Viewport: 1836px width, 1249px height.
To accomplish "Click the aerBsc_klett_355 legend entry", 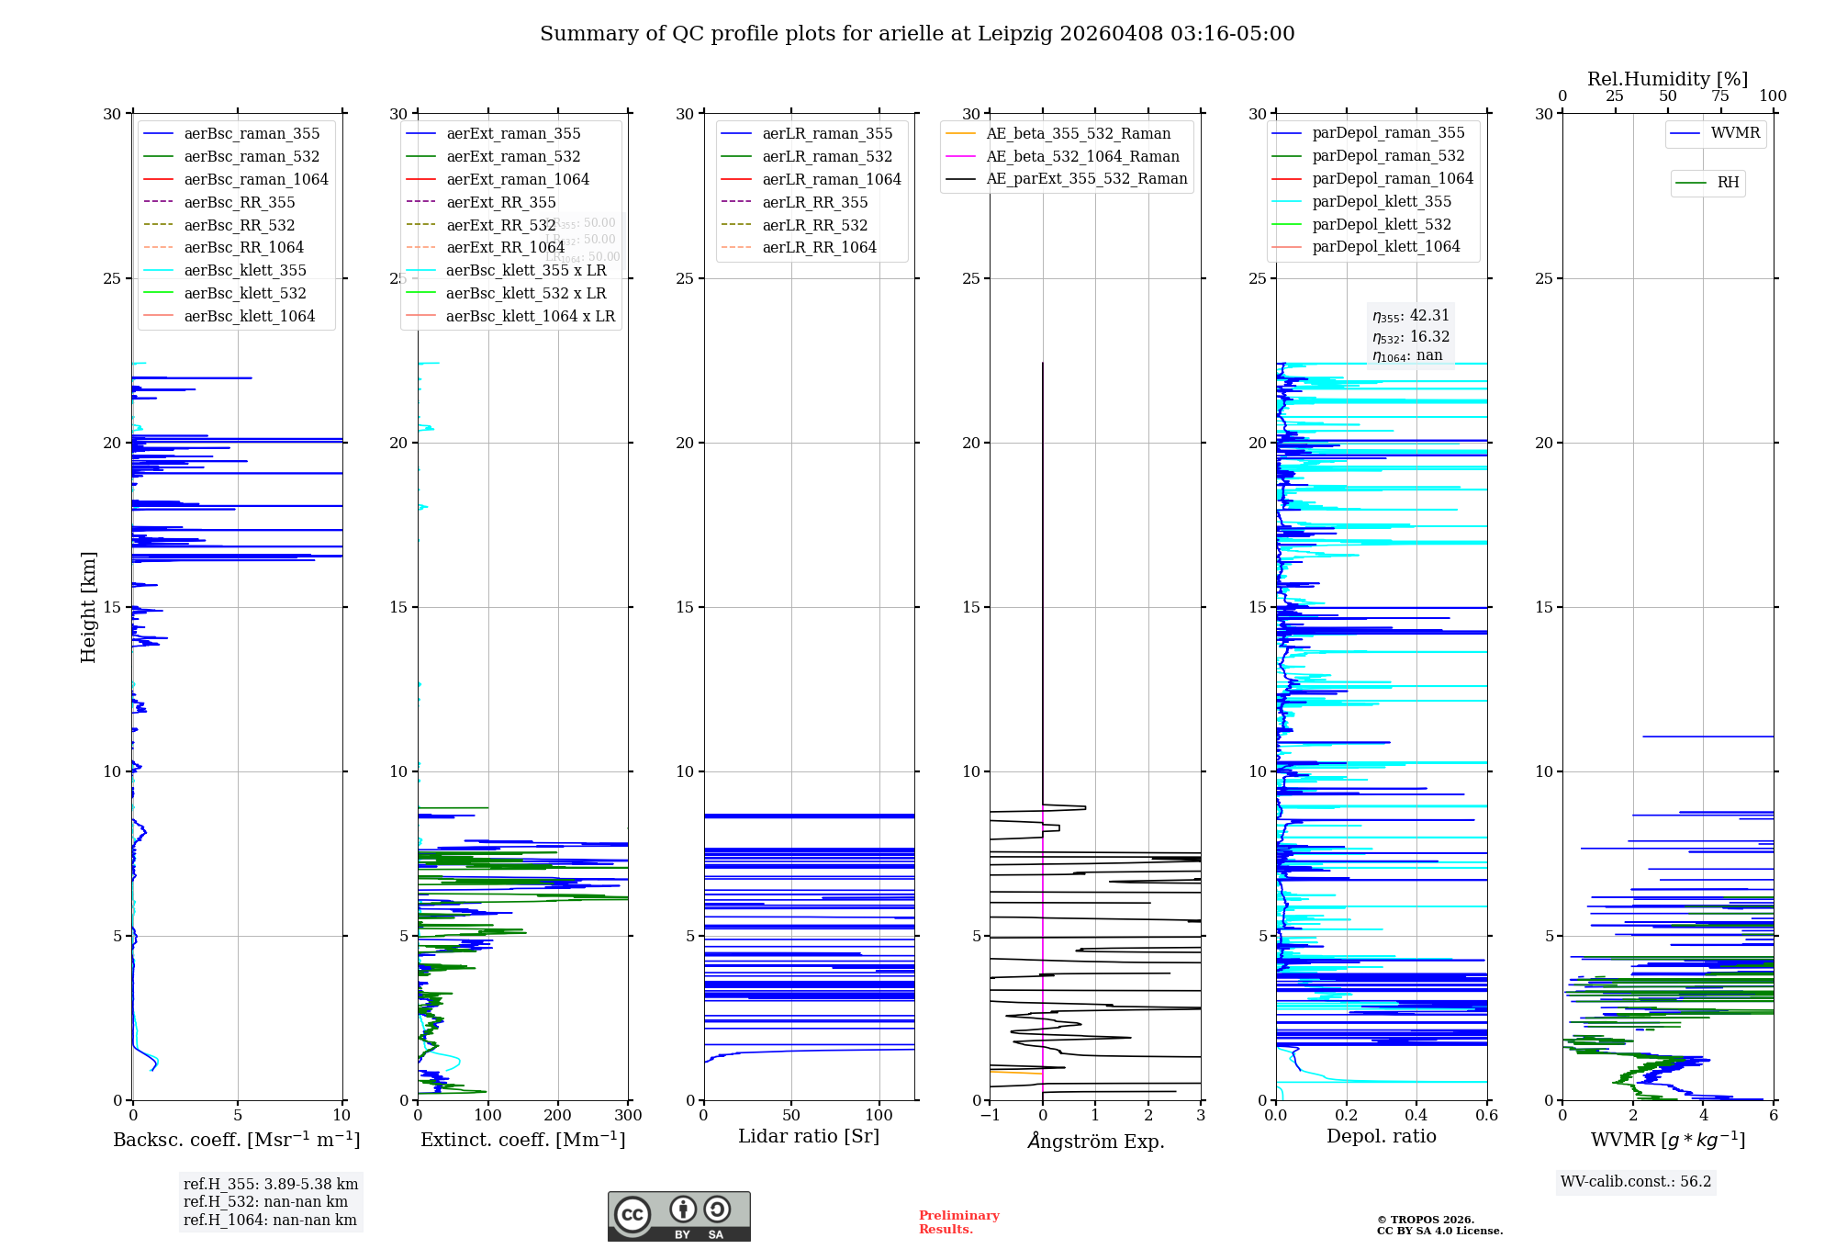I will tap(244, 270).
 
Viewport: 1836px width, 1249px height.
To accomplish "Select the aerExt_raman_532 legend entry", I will tap(513, 156).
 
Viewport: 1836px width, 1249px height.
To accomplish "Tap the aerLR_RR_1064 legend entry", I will tap(819, 247).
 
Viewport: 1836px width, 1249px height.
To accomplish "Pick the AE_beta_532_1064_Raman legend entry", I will tap(1082, 156).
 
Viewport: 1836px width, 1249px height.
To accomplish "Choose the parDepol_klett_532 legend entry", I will tap(1382, 224).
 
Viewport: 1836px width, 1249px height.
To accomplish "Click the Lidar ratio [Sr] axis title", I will tap(808, 1136).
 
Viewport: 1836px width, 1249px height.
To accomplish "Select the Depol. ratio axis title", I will tap(1381, 1136).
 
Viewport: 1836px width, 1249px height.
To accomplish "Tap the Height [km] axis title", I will tap(88, 606).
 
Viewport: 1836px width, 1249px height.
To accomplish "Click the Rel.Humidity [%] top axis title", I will tap(1667, 79).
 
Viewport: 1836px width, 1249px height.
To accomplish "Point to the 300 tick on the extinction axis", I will tap(628, 1116).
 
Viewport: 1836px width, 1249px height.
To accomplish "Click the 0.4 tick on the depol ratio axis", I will tap(1416, 1116).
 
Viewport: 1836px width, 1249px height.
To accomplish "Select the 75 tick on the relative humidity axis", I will tap(1720, 96).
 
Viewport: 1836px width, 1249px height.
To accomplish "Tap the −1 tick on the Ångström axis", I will tap(990, 1116).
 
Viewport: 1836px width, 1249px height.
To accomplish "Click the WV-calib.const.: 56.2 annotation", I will tap(1636, 1181).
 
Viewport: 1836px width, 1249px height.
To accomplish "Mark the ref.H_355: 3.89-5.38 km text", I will tap(270, 1184).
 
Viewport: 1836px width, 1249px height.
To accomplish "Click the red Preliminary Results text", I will tap(958, 1221).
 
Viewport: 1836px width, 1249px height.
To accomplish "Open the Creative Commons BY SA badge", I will tap(678, 1216).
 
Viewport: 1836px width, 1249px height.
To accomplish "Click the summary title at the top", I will tap(917, 34).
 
